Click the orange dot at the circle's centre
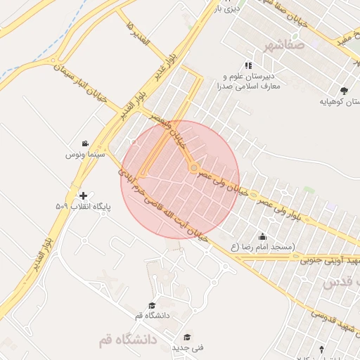(x=193, y=168)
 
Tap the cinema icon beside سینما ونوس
(x=85, y=143)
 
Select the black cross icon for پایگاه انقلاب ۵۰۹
(x=84, y=195)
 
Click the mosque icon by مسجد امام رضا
(x=263, y=236)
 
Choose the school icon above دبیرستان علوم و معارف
(x=247, y=65)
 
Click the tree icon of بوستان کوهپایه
(x=344, y=91)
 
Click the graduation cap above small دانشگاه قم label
(x=152, y=305)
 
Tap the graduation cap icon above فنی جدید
(x=187, y=337)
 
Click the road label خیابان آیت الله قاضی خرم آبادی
(x=163, y=204)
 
